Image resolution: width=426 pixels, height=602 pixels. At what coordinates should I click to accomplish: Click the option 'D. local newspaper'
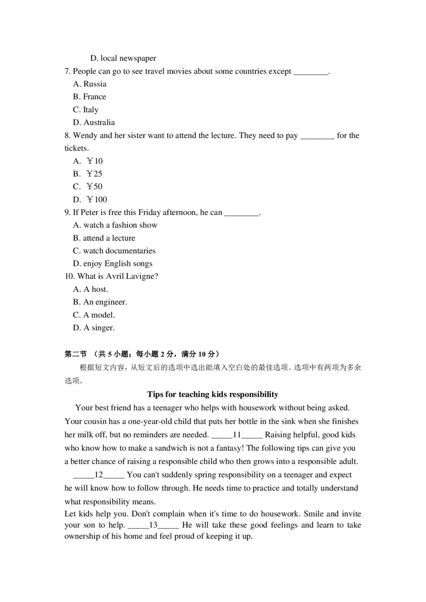pyautogui.click(x=123, y=58)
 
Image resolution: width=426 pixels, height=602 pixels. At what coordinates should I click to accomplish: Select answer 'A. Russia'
pyautogui.click(x=90, y=84)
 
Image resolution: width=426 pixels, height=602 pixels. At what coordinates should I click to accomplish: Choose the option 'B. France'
pyautogui.click(x=89, y=97)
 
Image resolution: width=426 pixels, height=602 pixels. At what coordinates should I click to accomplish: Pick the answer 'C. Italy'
pyautogui.click(x=86, y=110)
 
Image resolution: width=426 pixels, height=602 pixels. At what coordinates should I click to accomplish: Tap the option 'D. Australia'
pyautogui.click(x=94, y=123)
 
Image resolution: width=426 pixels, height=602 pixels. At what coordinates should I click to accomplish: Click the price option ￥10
pyautogui.click(x=88, y=161)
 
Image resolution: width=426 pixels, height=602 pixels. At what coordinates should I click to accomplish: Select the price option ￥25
pyautogui.click(x=88, y=174)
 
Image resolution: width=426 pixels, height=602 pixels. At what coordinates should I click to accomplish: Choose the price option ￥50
pyautogui.click(x=88, y=186)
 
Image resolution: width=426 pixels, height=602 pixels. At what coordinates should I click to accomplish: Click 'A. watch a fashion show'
pyautogui.click(x=115, y=225)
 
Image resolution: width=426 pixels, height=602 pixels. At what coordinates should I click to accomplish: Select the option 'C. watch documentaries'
pyautogui.click(x=114, y=251)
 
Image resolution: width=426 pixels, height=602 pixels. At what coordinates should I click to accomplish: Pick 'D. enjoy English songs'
pyautogui.click(x=112, y=264)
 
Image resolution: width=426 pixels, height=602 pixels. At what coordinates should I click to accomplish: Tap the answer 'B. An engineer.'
pyautogui.click(x=100, y=302)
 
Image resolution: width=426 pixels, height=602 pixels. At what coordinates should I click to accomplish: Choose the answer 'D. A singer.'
pyautogui.click(x=94, y=328)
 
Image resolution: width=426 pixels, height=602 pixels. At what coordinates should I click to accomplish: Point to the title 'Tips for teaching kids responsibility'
pyautogui.click(x=213, y=395)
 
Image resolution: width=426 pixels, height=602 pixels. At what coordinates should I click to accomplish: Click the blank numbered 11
pyautogui.click(x=237, y=435)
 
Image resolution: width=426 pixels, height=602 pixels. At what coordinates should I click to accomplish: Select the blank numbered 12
pyautogui.click(x=99, y=475)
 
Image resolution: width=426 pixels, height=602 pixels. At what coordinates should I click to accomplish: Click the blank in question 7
pyautogui.click(x=311, y=72)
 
